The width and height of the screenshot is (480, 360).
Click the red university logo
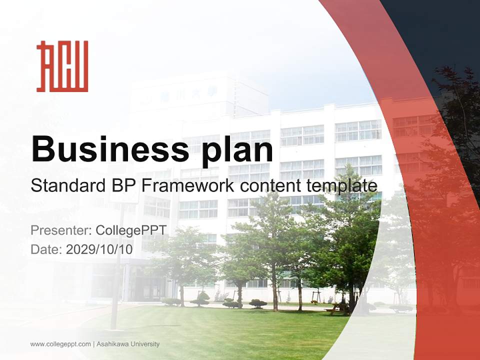62,66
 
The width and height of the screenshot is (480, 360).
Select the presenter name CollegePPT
131,230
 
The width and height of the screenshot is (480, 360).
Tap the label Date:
46,249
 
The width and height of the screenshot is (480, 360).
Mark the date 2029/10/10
99,249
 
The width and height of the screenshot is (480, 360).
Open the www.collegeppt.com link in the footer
60,344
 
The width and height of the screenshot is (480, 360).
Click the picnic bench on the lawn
334,309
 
